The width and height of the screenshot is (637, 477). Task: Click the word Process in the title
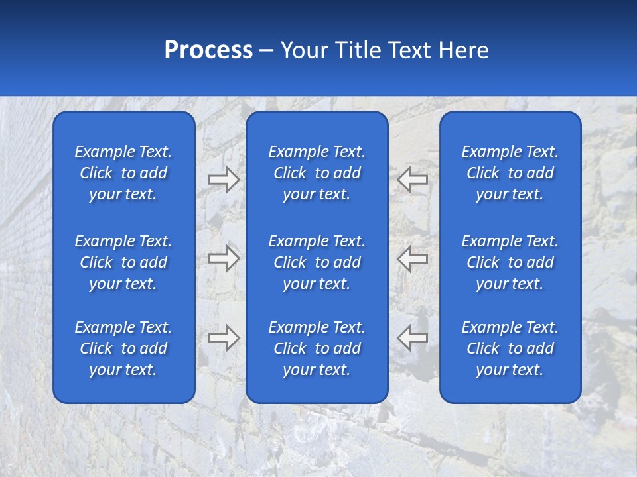click(208, 50)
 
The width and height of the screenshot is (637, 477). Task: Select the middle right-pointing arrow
click(224, 258)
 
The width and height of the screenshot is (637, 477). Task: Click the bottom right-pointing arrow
click(224, 338)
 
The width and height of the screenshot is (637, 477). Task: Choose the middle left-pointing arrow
click(412, 258)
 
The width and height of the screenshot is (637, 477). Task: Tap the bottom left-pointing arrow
click(412, 338)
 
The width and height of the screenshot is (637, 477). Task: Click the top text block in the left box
click(123, 173)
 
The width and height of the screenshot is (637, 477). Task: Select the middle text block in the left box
click(123, 262)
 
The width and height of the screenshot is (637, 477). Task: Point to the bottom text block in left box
click(123, 348)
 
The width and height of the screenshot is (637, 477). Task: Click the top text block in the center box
click(317, 173)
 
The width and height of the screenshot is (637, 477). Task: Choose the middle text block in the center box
click(317, 262)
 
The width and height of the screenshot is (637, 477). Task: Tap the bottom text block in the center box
click(317, 348)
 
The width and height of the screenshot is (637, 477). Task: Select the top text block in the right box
click(510, 173)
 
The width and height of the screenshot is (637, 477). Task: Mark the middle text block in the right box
click(510, 262)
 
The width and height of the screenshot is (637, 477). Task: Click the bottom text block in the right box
click(510, 348)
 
